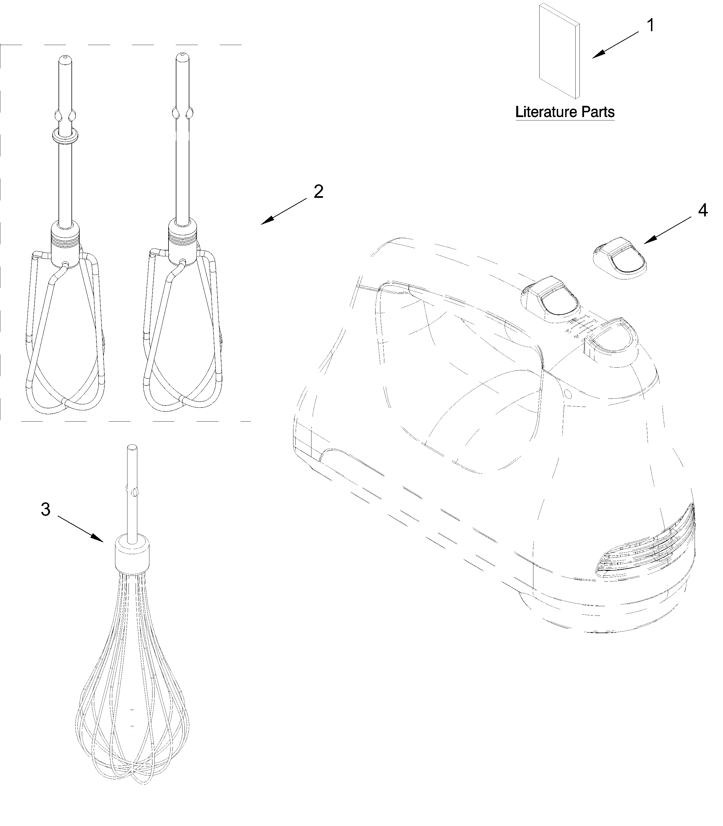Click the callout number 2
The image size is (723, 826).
pos(318,192)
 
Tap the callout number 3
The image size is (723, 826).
pos(46,510)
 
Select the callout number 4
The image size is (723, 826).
pos(702,211)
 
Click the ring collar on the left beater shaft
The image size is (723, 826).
pos(65,136)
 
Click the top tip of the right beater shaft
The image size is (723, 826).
pos(182,54)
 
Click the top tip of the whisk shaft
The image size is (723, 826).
pos(132,447)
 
